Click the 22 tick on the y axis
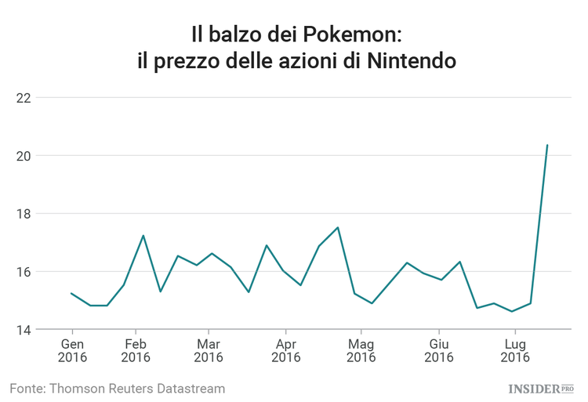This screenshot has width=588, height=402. (x=24, y=98)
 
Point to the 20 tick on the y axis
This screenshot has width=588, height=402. (x=24, y=156)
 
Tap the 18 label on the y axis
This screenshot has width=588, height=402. (x=24, y=214)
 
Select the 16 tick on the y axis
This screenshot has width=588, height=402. (x=24, y=272)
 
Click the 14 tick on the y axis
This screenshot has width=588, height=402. (x=24, y=330)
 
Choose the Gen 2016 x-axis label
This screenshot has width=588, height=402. (x=72, y=350)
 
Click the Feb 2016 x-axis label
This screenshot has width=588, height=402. (x=136, y=350)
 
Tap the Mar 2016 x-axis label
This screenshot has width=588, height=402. (x=208, y=350)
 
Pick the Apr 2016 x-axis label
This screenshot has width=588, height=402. (x=286, y=350)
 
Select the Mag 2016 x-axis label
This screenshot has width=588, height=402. (x=361, y=350)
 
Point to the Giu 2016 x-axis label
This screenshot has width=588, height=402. (x=439, y=350)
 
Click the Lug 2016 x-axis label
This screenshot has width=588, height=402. (x=514, y=350)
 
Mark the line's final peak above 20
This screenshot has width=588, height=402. (x=546, y=145)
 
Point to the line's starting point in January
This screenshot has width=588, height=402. (x=71, y=293)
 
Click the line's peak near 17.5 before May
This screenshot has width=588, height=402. (x=337, y=227)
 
